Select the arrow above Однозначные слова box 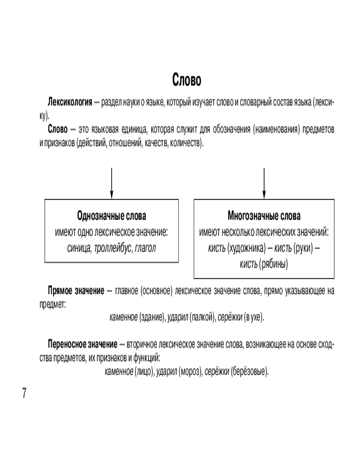pyautogui.click(x=111, y=182)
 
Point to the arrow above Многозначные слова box pyautogui.click(x=264, y=182)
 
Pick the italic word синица pyautogui.click(x=77, y=248)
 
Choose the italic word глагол pyautogui.click(x=145, y=248)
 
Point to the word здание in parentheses pyautogui.click(x=153, y=317)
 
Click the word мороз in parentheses pyautogui.click(x=191, y=372)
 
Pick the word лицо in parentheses pyautogui.click(x=144, y=372)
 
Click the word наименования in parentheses pyautogui.click(x=276, y=130)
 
